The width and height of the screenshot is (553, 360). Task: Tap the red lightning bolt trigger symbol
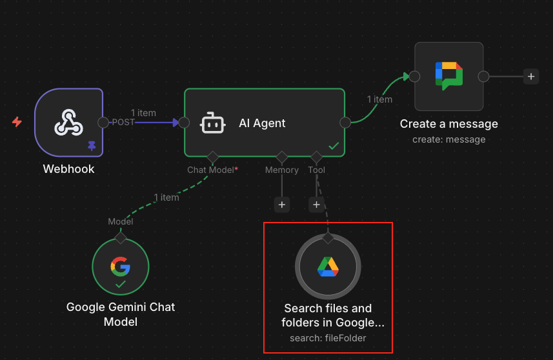17,121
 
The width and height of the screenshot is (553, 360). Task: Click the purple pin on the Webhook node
92,146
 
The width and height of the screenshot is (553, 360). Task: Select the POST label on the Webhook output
123,123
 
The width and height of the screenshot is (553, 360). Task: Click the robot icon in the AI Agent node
213,123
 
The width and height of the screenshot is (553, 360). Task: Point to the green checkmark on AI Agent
334,146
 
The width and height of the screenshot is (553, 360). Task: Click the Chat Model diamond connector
212,157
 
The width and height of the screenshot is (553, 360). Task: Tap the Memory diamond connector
281,157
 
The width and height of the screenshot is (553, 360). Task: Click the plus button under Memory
281,205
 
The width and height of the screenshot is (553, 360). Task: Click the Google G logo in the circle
121,265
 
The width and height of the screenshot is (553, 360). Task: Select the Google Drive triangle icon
328,266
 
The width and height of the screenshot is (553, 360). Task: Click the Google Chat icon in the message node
448,75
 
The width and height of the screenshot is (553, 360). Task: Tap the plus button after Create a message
530,76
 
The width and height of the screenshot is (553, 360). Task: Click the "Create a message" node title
448,124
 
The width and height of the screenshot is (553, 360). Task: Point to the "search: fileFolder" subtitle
328,337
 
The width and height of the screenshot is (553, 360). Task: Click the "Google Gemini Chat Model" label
121,314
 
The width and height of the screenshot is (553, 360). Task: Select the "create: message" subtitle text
448,139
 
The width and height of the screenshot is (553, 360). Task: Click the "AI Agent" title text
262,123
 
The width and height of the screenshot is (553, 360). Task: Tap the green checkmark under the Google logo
121,284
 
